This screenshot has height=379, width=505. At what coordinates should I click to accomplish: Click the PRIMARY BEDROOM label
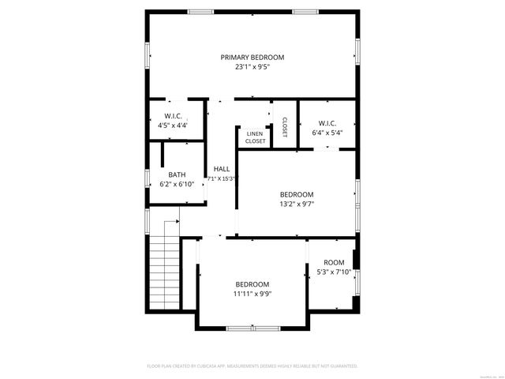click(252, 57)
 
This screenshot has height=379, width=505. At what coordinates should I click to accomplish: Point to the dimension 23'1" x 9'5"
click(252, 67)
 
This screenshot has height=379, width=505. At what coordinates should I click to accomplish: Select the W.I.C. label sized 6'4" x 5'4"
click(327, 123)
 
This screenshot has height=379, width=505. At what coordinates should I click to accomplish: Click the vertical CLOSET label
click(284, 126)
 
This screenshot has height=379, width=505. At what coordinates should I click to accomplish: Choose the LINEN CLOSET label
click(255, 137)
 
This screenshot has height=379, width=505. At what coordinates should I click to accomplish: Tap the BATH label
click(177, 174)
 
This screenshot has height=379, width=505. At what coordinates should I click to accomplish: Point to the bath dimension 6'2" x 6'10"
click(177, 184)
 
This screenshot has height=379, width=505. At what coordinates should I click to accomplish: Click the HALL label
click(222, 169)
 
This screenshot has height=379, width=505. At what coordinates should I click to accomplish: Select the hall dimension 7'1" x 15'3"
click(222, 178)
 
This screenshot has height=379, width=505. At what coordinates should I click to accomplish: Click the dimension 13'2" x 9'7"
click(297, 204)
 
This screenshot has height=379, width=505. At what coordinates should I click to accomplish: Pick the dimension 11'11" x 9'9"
click(252, 294)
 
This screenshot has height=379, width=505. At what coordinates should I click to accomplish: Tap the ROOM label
click(334, 263)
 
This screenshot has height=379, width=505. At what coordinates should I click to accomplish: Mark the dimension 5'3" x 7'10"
click(334, 272)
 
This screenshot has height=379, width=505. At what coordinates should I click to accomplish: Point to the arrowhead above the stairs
click(178, 222)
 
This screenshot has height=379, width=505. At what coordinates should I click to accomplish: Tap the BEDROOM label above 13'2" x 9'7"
click(297, 194)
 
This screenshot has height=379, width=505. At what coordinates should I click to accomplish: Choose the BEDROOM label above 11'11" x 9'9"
click(252, 284)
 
